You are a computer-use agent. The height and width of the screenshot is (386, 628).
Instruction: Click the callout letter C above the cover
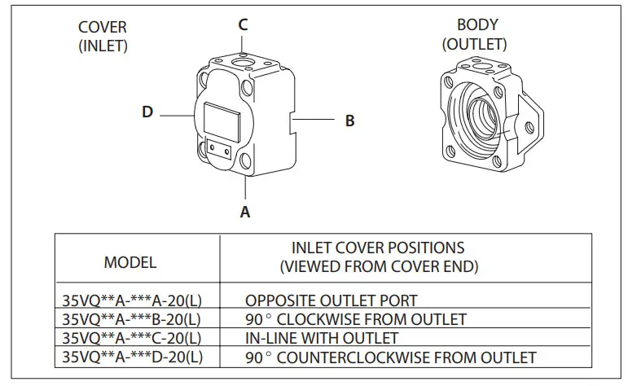[x=243, y=24]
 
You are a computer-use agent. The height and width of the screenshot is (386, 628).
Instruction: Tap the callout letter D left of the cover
[x=147, y=112]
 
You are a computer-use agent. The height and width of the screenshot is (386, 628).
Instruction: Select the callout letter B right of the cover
[x=349, y=121]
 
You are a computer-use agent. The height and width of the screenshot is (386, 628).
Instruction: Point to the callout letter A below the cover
[x=244, y=213]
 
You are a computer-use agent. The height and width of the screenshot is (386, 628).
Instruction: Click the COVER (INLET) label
[x=103, y=37]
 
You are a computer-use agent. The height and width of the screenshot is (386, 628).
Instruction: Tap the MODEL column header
[x=130, y=262]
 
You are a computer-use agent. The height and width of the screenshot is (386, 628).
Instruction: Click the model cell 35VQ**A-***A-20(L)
[x=131, y=300]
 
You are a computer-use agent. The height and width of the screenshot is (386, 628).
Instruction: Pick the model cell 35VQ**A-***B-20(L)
[x=131, y=318]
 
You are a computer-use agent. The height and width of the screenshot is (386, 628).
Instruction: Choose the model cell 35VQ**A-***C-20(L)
[x=131, y=337]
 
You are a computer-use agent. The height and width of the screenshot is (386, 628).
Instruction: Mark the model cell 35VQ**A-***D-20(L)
[x=131, y=357]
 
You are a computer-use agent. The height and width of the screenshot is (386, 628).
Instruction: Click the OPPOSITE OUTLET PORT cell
[x=331, y=300]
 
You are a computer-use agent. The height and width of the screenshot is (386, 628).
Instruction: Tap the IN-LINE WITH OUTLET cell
[x=322, y=337]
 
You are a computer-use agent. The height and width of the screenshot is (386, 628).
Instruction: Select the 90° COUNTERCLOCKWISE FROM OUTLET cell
[x=390, y=357]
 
